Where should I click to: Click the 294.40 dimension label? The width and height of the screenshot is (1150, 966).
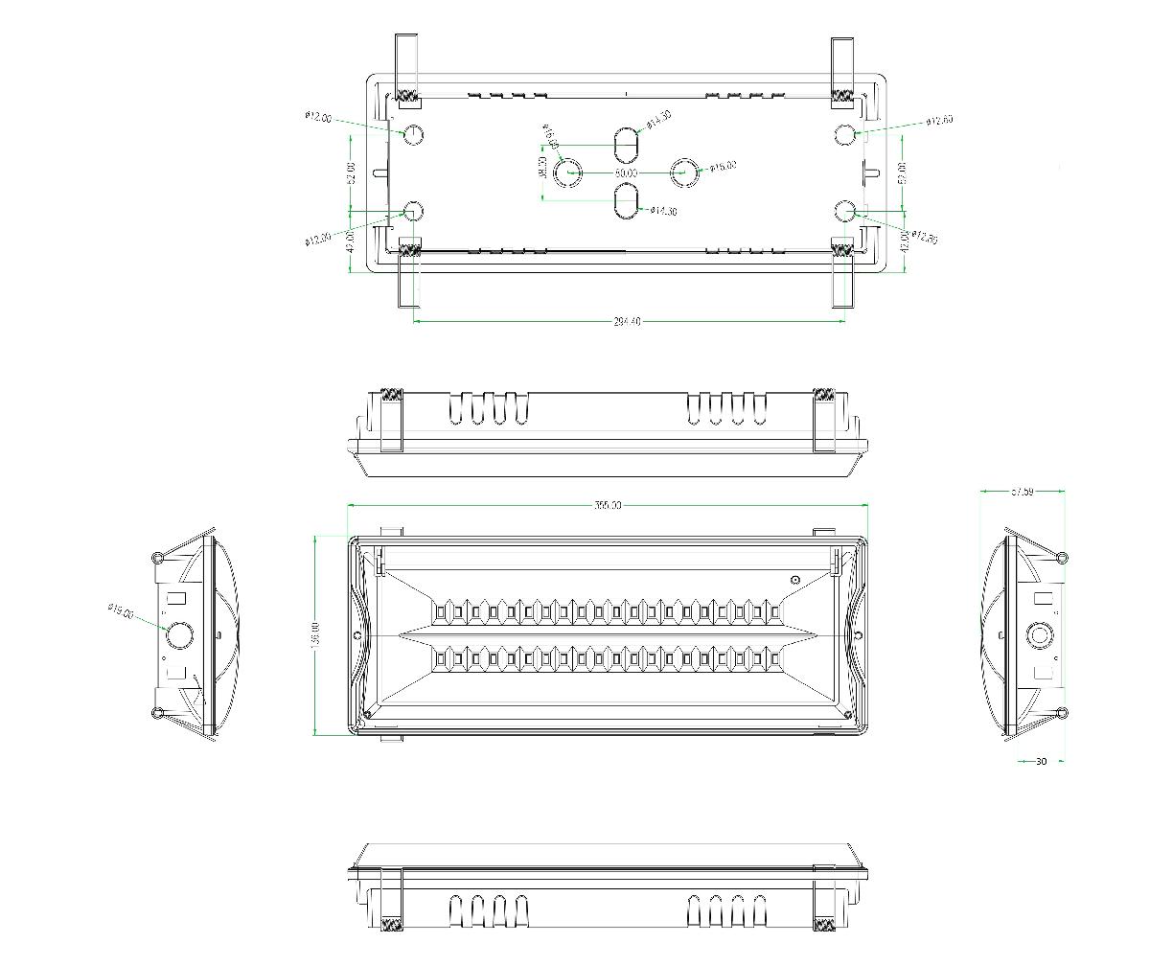click(x=627, y=322)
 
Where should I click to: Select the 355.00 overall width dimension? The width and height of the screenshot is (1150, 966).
click(x=608, y=505)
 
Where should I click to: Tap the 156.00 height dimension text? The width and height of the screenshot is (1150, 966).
click(x=316, y=633)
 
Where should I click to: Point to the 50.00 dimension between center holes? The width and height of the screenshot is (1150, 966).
click(x=625, y=172)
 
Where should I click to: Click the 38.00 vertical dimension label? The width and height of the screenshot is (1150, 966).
click(x=542, y=169)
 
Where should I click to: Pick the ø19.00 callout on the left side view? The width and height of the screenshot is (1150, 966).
click(x=121, y=609)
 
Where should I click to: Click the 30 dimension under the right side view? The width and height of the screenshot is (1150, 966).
click(x=1041, y=762)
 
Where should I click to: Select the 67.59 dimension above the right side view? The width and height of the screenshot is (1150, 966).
click(x=1022, y=492)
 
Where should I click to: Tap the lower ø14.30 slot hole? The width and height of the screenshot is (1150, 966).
click(x=625, y=201)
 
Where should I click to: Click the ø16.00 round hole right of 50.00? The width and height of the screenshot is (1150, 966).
click(x=685, y=172)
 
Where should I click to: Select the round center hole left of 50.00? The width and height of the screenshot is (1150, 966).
click(x=568, y=172)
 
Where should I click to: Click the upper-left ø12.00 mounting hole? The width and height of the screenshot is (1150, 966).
click(x=413, y=134)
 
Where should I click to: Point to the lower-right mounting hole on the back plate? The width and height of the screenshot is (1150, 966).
click(x=844, y=211)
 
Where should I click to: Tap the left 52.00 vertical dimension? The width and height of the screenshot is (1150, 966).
click(x=351, y=173)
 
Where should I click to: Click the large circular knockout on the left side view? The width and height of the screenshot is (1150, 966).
click(x=179, y=634)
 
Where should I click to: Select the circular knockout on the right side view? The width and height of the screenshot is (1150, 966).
click(x=1039, y=635)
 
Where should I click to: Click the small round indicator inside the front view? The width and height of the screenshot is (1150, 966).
click(x=794, y=580)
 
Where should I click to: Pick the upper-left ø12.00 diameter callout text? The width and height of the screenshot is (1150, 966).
click(x=319, y=118)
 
